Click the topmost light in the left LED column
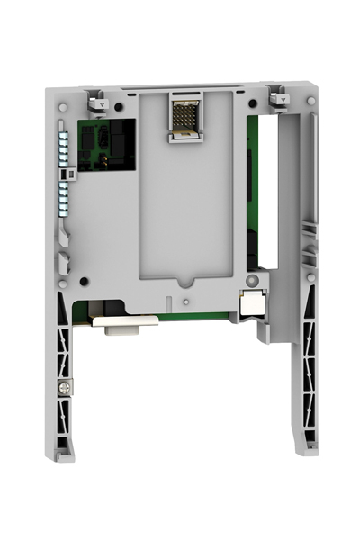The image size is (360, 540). [63, 132]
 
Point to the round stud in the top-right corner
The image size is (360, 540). [310, 101]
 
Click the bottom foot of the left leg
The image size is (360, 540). [65, 454]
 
